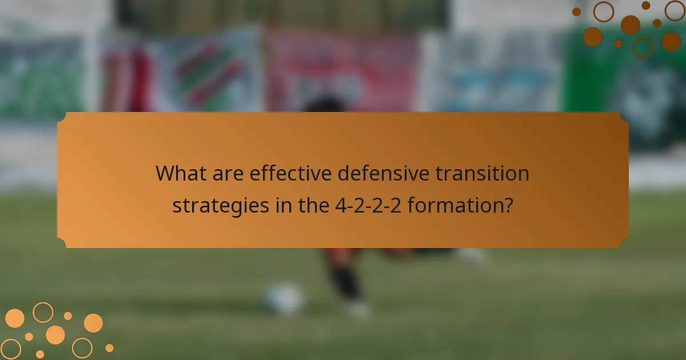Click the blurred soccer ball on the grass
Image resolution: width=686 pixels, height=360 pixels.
pyautogui.click(x=284, y=298)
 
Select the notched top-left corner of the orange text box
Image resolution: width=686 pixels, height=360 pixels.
pyautogui.click(x=62, y=117)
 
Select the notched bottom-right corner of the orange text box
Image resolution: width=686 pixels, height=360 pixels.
pyautogui.click(x=624, y=243)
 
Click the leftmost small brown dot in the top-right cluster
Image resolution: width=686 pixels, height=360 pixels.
pyautogui.click(x=576, y=11)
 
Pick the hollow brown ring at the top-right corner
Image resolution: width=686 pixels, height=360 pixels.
pyautogui.click(x=675, y=10)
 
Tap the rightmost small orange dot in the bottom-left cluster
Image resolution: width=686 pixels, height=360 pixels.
pyautogui.click(x=109, y=347)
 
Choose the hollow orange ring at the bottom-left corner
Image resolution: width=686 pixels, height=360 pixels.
pyautogui.click(x=10, y=349)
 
